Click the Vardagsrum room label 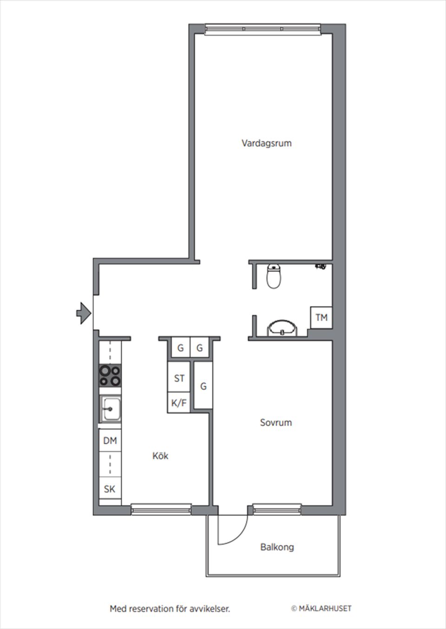point(266,143)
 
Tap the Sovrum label point(275,423)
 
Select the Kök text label point(160,456)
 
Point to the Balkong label point(277,547)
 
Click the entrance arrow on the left point(83,313)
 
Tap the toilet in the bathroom point(274,276)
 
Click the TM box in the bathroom point(321,318)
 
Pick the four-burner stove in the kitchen point(110,376)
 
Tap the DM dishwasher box point(110,440)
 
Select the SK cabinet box point(110,489)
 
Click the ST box point(179,379)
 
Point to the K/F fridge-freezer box point(178,403)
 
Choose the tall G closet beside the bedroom point(203,386)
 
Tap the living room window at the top point(262,29)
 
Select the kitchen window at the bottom point(161,510)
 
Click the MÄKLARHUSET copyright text point(321,608)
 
